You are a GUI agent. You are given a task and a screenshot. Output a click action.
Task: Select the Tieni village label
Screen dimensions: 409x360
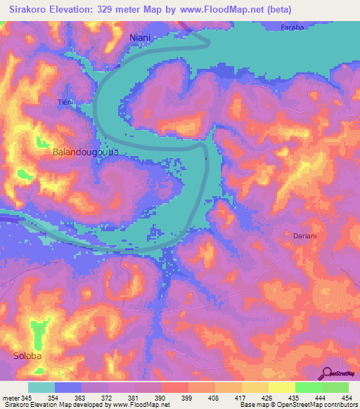tap(65, 102)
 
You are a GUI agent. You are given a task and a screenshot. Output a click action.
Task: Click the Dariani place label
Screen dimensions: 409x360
tap(305, 237)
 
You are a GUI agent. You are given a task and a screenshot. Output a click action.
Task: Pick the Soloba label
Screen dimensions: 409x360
tap(27, 356)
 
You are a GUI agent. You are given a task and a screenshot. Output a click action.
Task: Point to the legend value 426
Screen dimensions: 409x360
tap(269, 397)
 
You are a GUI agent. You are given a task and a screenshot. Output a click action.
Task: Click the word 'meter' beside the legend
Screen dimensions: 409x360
tap(11, 397)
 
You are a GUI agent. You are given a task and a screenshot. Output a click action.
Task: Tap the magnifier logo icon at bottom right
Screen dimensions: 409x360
tap(326, 373)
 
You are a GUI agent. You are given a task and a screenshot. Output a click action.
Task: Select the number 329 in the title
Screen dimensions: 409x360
tap(115, 9)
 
